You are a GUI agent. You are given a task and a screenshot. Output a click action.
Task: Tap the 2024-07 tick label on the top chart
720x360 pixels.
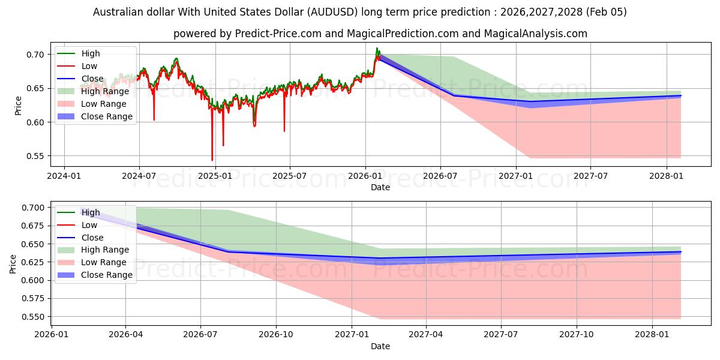[139, 176]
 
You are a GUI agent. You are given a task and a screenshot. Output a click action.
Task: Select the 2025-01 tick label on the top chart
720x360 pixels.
[215, 176]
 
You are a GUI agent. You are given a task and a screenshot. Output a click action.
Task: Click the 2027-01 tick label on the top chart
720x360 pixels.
[516, 176]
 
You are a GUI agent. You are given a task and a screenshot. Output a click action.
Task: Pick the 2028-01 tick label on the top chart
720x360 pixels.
[667, 176]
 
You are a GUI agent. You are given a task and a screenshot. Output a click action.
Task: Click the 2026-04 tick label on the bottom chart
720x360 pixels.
[125, 335]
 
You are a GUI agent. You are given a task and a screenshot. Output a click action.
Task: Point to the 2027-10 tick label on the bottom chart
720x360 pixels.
[577, 335]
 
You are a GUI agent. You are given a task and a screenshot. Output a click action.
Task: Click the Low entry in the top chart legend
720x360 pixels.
[89, 66]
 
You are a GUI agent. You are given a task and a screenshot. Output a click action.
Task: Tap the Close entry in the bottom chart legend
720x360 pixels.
[92, 238]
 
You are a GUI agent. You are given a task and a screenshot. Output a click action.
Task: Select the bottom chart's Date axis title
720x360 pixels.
[380, 346]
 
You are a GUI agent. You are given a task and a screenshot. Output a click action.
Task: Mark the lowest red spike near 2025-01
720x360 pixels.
[212, 160]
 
